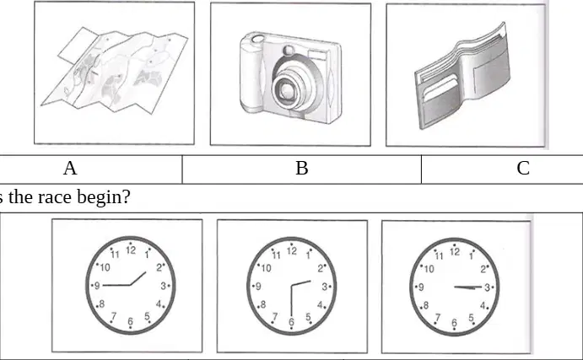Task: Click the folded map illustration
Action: point(114,71)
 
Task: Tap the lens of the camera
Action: point(289,90)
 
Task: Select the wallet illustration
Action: point(463,77)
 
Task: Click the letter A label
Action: point(70,168)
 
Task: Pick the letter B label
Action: point(302,168)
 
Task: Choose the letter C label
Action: point(523,168)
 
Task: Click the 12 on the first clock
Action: point(131,250)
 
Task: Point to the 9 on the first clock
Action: point(97,285)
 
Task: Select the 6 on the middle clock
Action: point(291,322)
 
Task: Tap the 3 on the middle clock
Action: point(325,287)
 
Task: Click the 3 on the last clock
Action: point(487,287)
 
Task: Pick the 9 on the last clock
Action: point(421,287)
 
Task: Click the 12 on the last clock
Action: point(455,251)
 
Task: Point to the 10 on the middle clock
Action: point(267,268)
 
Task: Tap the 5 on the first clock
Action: point(147,316)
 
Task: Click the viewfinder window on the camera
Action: point(316,56)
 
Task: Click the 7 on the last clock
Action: point(438,318)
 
